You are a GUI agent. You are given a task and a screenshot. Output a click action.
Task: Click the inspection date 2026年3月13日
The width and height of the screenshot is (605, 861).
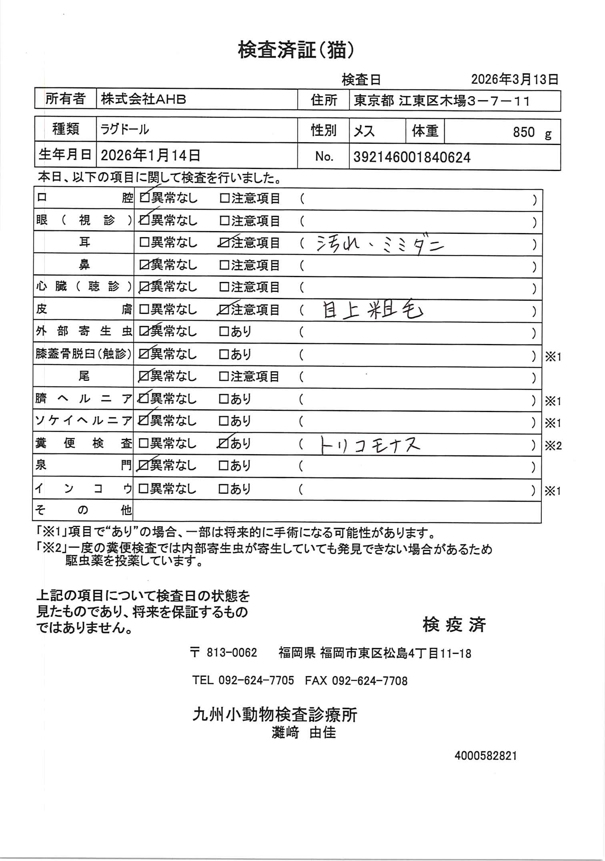pos(514,79)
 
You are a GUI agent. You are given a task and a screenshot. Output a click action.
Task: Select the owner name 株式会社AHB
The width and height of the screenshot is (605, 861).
pos(143,99)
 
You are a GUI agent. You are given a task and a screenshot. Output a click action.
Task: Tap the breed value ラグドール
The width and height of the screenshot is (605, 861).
pos(125,129)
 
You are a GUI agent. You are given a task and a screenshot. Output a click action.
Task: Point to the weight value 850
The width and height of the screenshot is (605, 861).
pos(524,132)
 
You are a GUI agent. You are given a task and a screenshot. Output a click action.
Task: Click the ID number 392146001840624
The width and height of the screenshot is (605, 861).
pos(412,157)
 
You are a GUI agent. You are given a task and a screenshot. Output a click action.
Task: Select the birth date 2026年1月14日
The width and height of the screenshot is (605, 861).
pos(150,155)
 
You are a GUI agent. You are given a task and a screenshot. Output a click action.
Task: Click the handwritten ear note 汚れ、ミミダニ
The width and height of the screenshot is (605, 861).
pos(380,243)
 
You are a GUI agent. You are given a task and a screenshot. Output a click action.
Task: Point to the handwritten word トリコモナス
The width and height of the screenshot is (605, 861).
pos(371,445)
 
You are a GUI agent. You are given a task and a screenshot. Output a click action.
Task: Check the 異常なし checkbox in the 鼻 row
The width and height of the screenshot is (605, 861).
pos(144,265)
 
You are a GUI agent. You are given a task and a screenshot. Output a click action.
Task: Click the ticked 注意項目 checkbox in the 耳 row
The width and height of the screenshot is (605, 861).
pos(224,243)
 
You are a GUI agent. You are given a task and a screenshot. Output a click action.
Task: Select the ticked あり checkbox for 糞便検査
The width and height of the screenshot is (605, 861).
pos(224,444)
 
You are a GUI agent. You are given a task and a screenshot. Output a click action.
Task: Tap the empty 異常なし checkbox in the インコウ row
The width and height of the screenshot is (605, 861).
pos(143,489)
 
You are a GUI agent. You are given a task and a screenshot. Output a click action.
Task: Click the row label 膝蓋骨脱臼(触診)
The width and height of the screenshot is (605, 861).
pos(84,354)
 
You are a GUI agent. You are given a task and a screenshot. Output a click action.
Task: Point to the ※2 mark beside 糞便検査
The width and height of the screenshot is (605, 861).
pos(553,446)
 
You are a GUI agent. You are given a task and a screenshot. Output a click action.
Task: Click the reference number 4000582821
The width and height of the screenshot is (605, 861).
pos(486,756)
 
